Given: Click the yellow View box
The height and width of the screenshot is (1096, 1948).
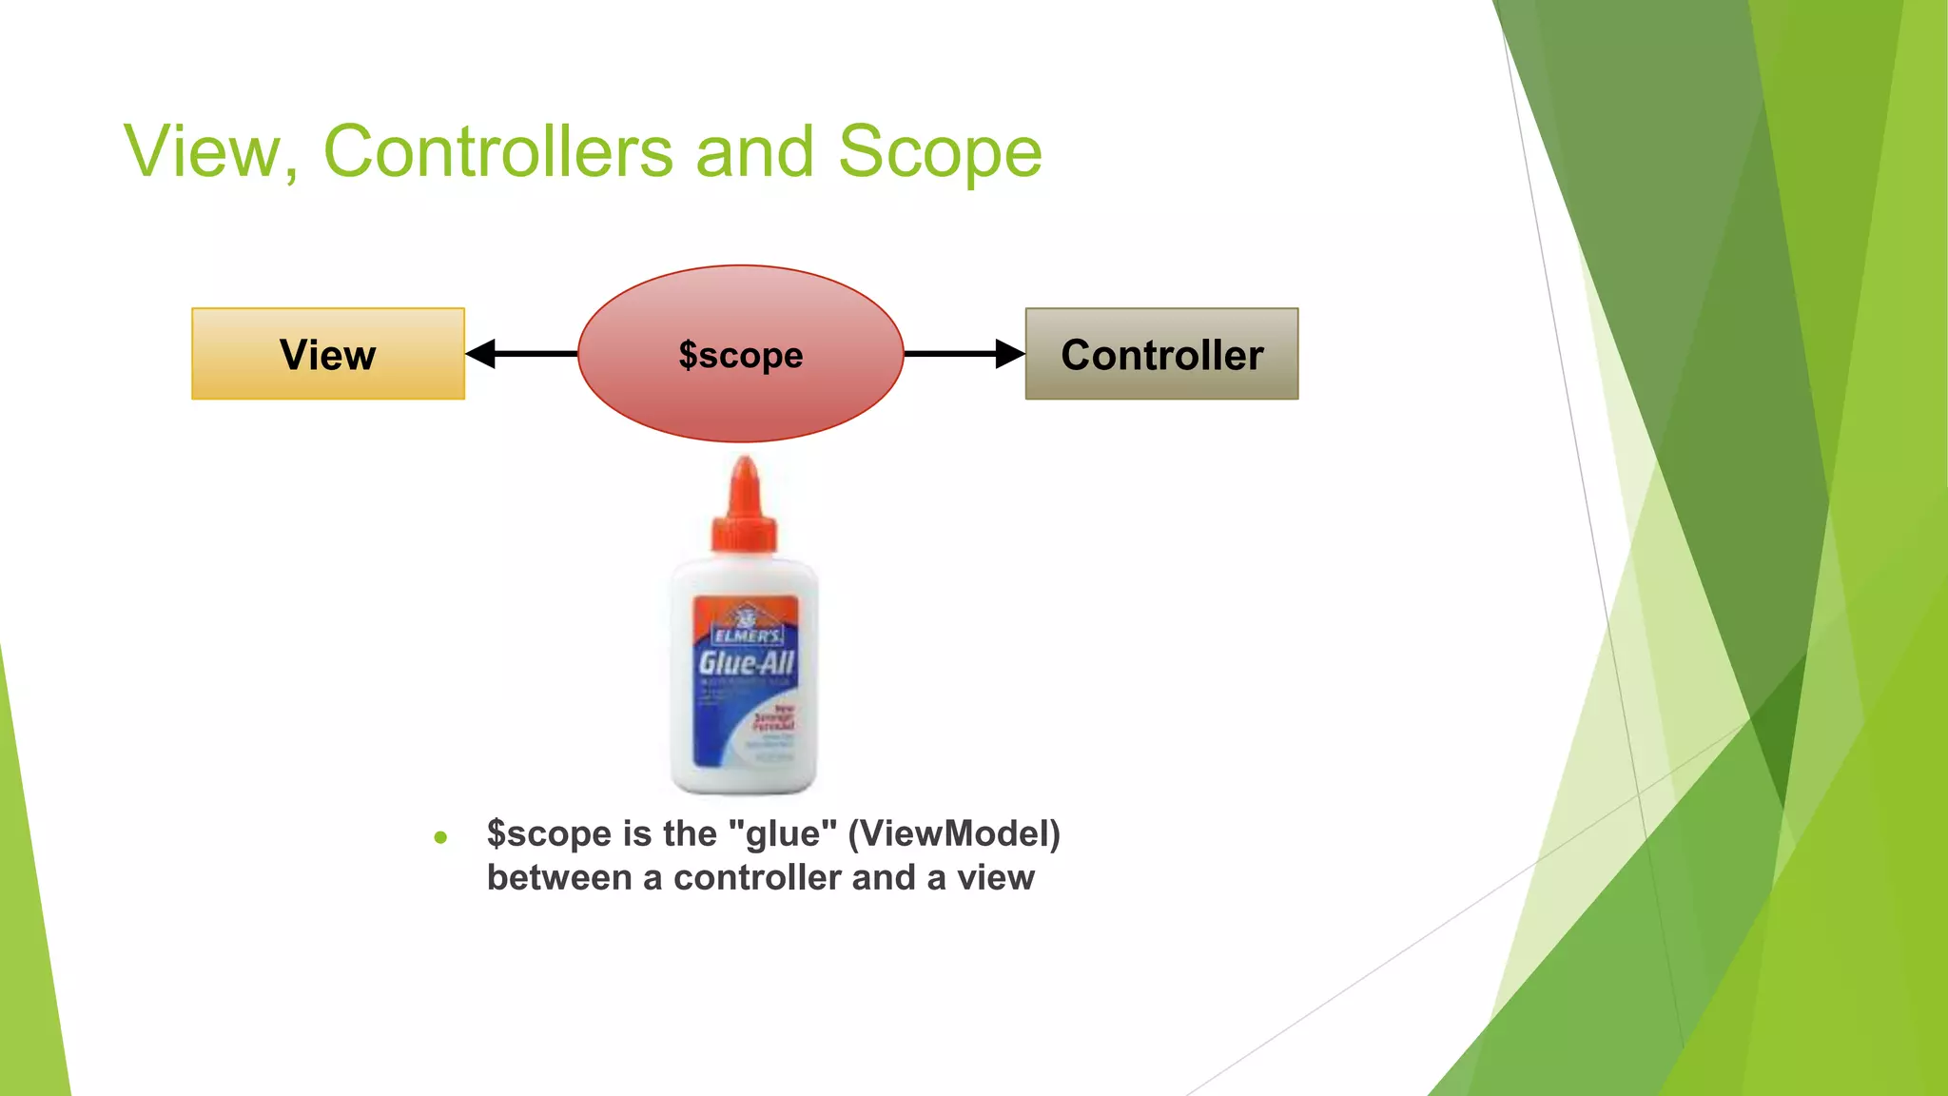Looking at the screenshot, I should [327, 354].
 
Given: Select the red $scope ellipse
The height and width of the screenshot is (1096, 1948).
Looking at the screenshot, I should [740, 354].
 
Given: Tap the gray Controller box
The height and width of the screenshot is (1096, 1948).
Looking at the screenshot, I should [1161, 354].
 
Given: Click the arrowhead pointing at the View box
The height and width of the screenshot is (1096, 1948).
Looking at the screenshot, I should [481, 354].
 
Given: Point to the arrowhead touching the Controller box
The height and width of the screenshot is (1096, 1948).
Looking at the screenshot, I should [1010, 354].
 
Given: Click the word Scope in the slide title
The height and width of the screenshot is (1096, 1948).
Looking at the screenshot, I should [940, 151].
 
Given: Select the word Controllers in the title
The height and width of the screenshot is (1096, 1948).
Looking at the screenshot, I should [497, 151].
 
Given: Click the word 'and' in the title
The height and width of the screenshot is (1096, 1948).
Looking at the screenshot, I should [755, 151].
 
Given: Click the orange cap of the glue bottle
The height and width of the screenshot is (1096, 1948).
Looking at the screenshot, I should [745, 509].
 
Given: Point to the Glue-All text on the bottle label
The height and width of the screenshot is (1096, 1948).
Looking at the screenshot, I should [746, 662].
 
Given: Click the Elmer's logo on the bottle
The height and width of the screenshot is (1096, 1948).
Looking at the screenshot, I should [747, 628].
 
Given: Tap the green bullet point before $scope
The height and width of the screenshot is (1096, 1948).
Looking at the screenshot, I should [440, 838].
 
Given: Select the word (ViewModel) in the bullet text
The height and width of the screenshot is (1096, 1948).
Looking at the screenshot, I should [954, 833].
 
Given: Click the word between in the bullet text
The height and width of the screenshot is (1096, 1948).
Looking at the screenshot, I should [558, 877].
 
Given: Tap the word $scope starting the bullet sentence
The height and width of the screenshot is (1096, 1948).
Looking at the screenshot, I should [549, 833].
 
